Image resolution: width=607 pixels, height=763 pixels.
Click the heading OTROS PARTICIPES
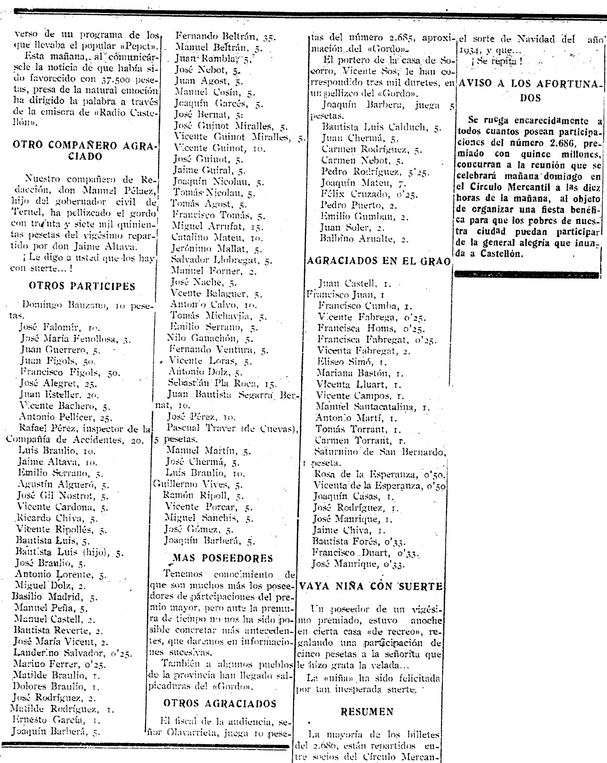tap(82, 286)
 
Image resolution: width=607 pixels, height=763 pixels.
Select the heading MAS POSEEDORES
tap(223, 558)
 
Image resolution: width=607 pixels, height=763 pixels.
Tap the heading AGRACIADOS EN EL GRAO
tap(379, 261)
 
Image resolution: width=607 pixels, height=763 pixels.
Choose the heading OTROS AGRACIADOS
tap(220, 704)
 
